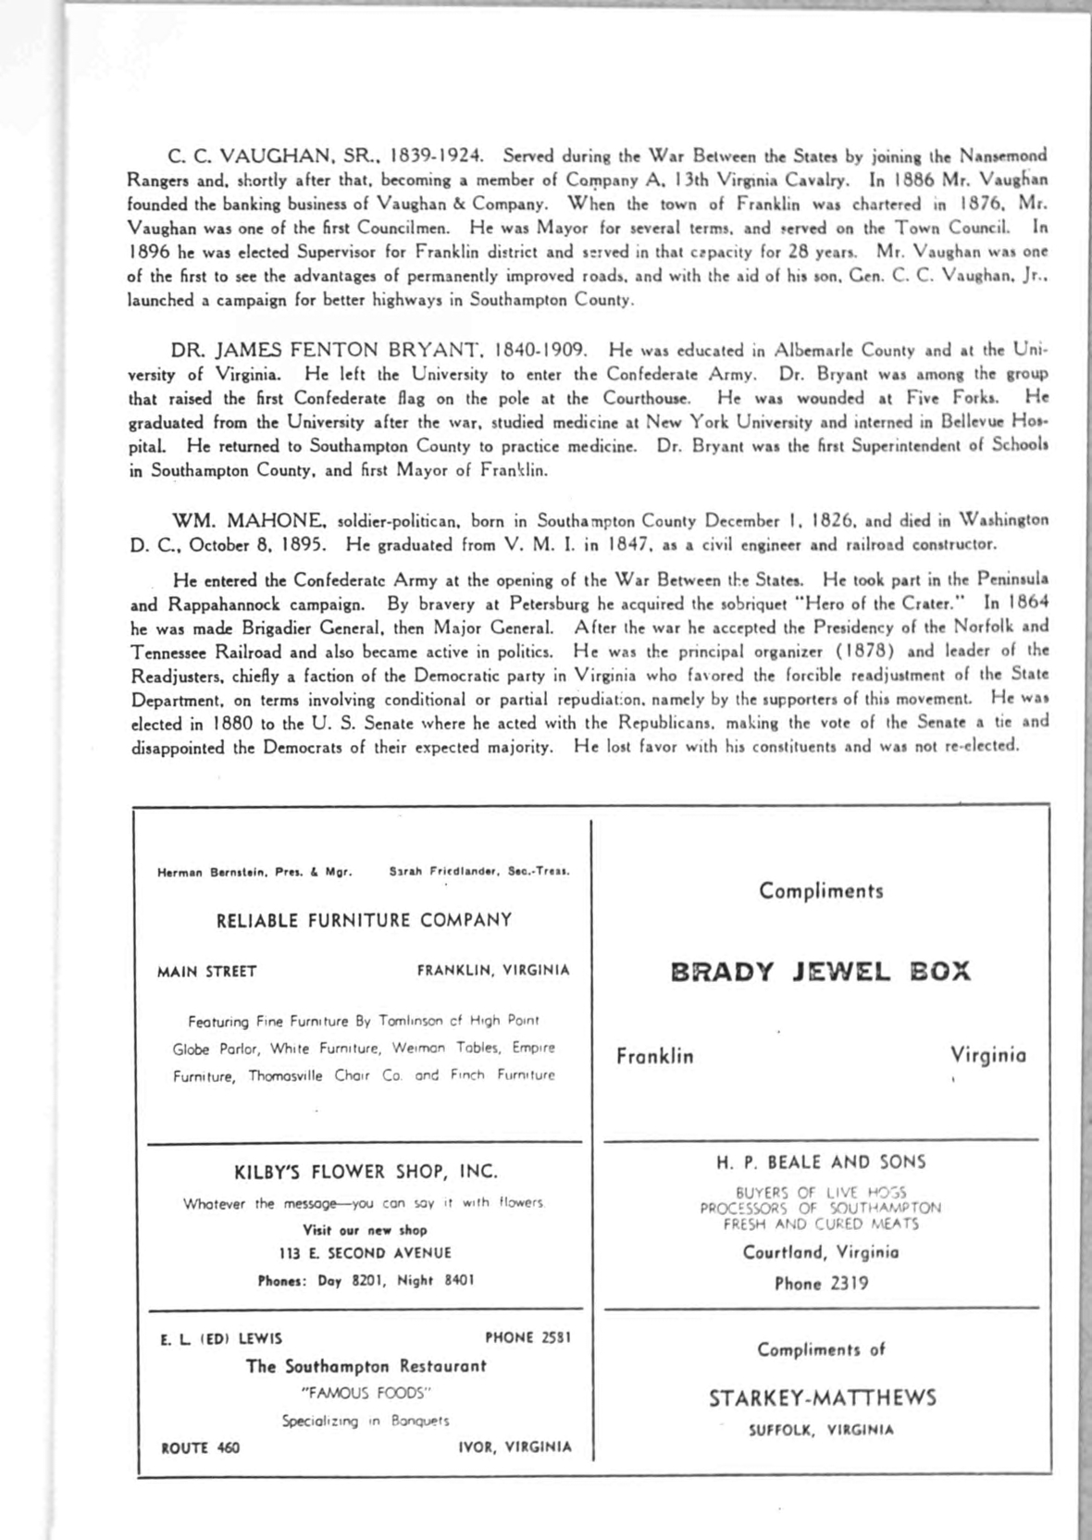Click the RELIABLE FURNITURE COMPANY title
coord(364,920)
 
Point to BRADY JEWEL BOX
coord(820,972)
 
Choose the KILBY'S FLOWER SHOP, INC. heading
coord(366,1172)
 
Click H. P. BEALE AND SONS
coord(821,1161)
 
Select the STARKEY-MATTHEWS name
coord(822,1397)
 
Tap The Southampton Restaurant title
coord(366,1366)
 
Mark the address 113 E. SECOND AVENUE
coord(366,1253)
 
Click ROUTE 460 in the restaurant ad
coord(200,1447)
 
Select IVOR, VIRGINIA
coord(515,1447)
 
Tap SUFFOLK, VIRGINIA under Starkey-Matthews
coord(821,1430)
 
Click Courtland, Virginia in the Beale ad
coord(821,1252)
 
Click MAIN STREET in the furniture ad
coord(207,971)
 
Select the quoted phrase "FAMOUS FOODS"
coord(366,1393)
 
